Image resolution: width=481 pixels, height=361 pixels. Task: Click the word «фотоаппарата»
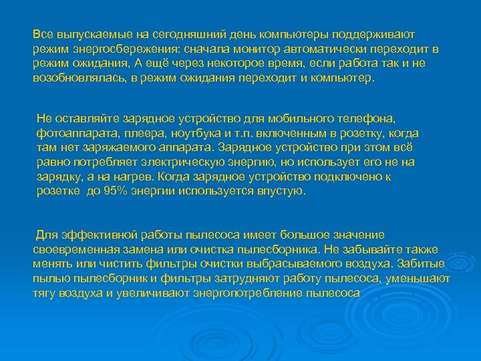pyautogui.click(x=69, y=133)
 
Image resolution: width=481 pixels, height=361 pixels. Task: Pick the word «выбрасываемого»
pyautogui.click(x=310, y=264)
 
